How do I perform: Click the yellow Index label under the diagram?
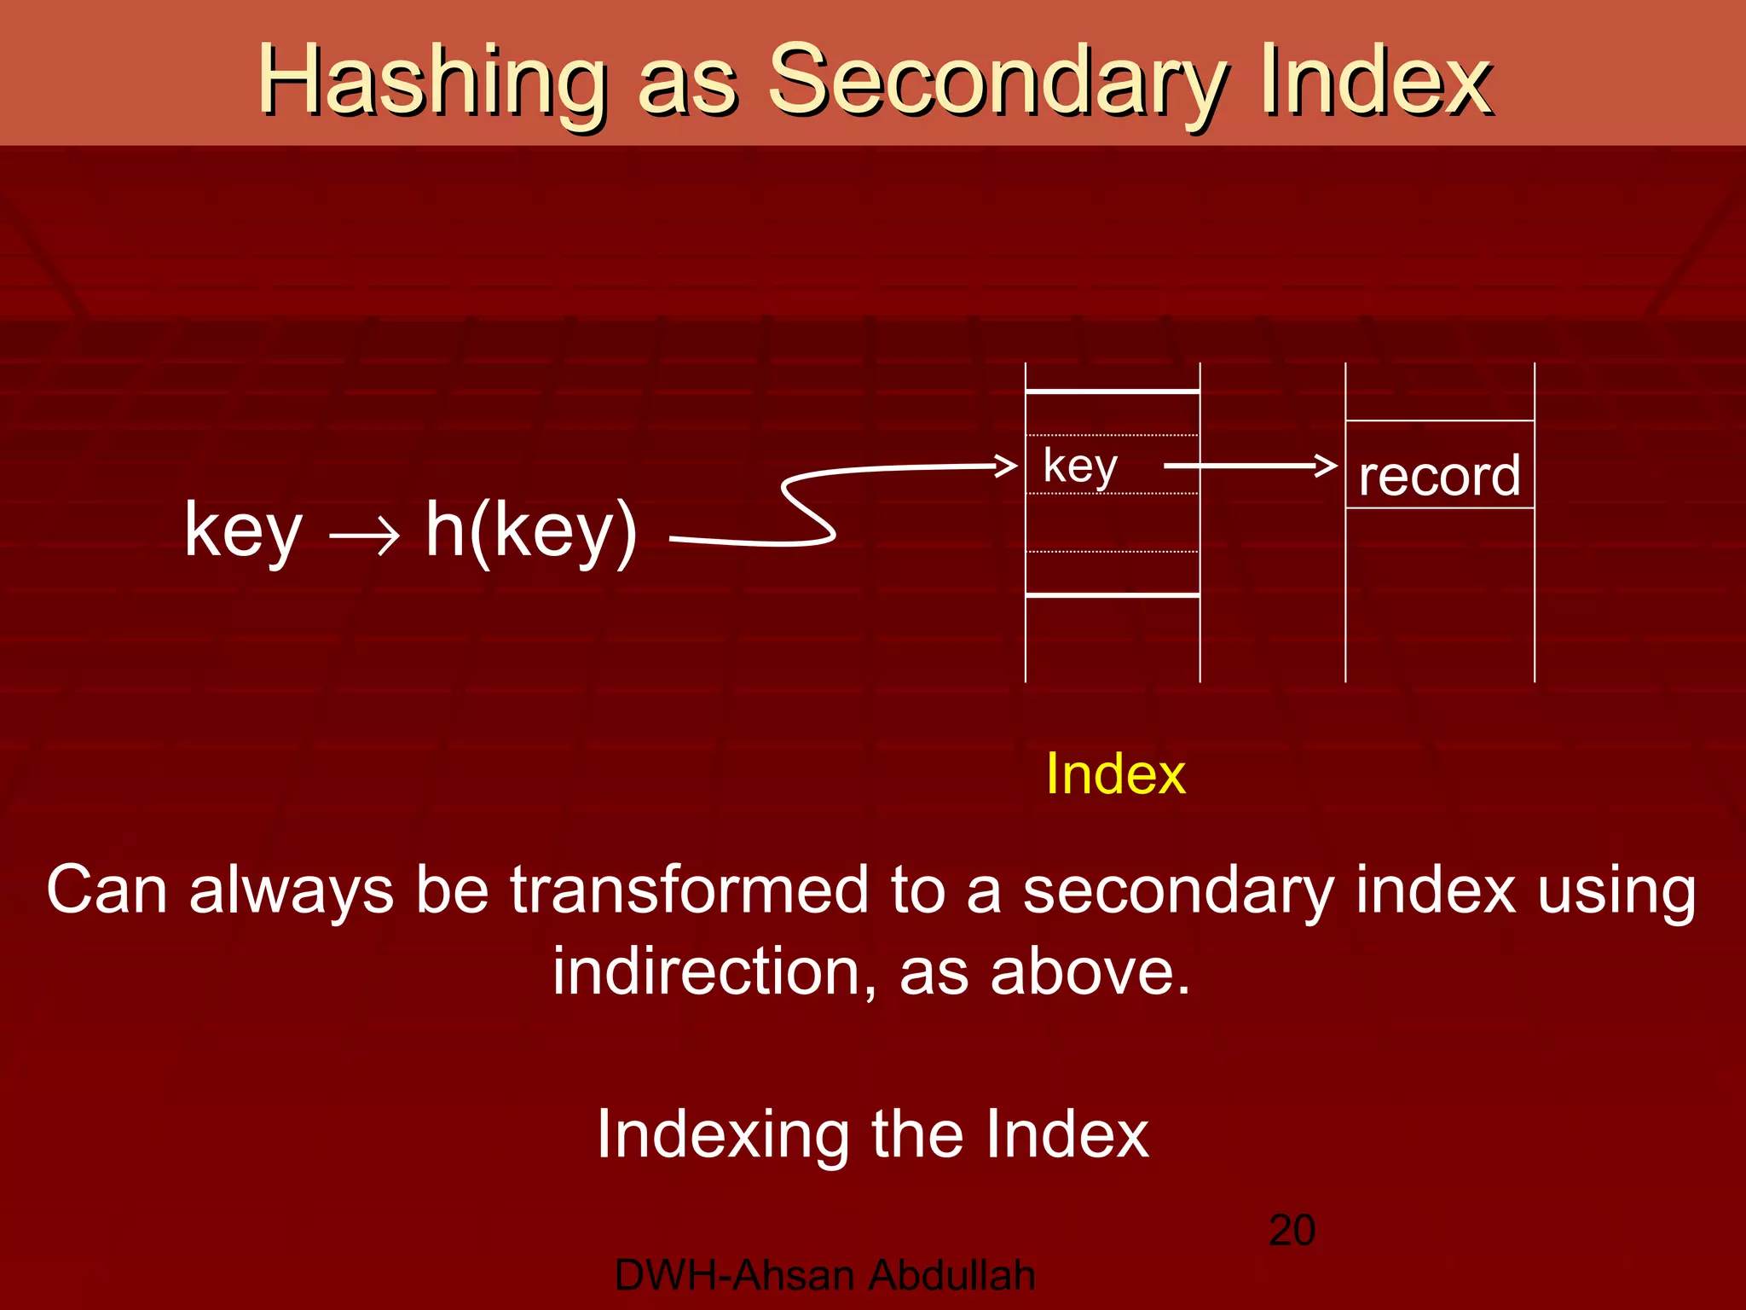(1115, 774)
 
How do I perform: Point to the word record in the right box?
(1439, 475)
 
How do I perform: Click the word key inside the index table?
(1080, 466)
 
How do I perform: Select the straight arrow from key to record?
(1249, 466)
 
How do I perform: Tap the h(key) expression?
(531, 530)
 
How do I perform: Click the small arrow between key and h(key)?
(365, 537)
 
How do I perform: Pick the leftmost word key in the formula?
(243, 531)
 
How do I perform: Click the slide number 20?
(1292, 1230)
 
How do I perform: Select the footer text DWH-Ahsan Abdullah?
(824, 1275)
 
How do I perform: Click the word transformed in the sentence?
(689, 890)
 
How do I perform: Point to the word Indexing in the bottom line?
(723, 1134)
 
